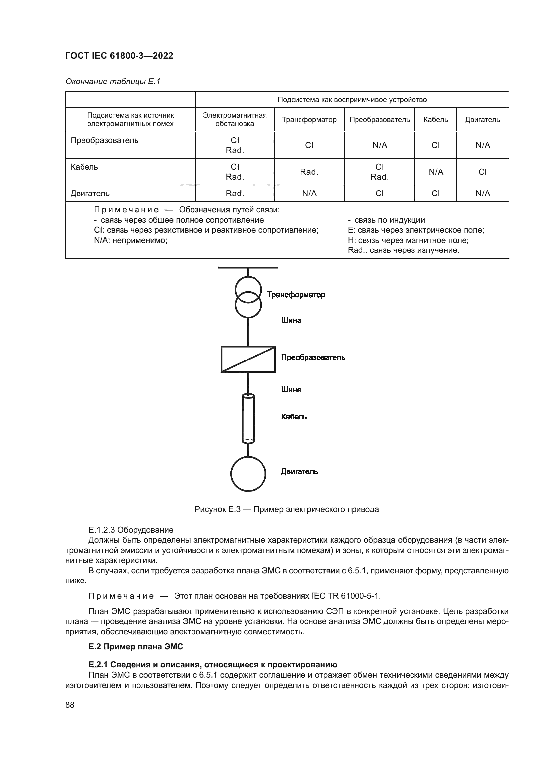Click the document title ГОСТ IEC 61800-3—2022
119,56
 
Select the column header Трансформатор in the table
309,120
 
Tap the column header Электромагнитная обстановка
235,120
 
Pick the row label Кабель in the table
84,167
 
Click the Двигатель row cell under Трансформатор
309,194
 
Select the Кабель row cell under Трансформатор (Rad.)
309,172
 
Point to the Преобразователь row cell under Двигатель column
482,145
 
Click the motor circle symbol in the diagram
248,474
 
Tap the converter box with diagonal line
248,359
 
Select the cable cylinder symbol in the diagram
248,418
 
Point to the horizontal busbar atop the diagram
248,268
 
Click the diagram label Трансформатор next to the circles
296,295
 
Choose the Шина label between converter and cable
291,390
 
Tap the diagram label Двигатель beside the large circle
299,471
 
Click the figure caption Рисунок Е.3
287,509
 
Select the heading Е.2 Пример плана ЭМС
136,647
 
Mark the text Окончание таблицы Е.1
113,82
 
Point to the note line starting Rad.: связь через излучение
403,250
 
